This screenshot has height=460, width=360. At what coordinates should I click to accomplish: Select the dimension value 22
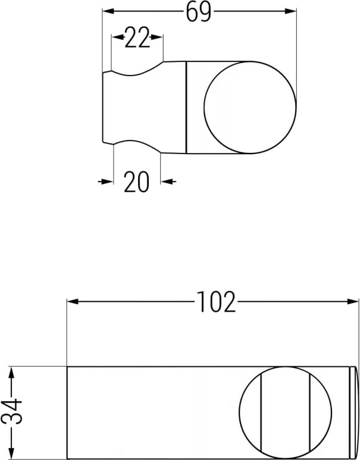137,38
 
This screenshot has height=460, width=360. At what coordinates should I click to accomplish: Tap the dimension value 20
136,182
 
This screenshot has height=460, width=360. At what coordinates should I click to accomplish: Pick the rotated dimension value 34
12,411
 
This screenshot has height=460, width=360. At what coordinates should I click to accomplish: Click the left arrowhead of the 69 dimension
108,11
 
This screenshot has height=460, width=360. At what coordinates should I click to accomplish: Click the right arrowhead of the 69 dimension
290,11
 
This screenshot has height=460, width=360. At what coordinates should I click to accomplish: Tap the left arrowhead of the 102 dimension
73,301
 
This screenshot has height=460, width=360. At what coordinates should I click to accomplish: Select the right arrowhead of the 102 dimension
353,301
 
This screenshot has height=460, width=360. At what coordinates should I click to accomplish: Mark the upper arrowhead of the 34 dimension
11,372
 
